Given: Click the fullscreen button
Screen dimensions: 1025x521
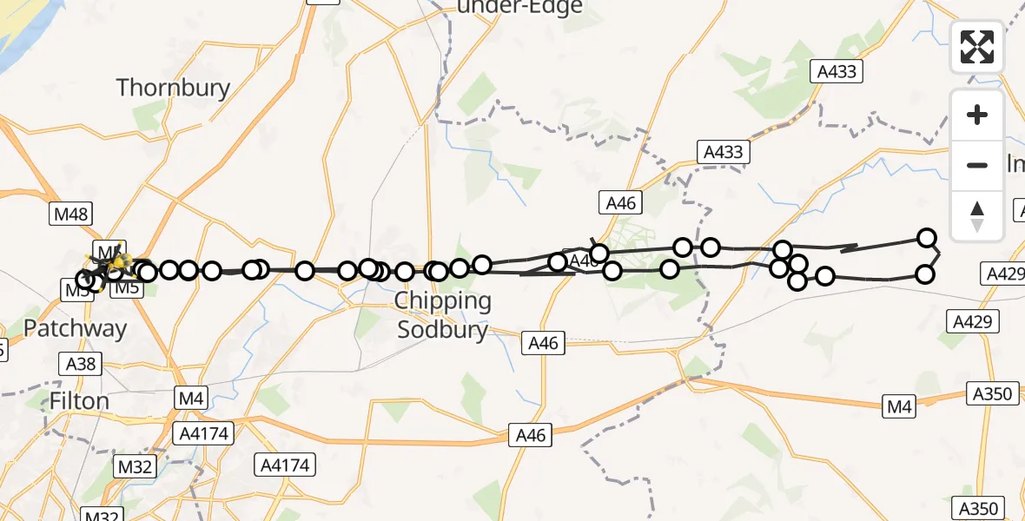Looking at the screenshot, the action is click(x=977, y=47).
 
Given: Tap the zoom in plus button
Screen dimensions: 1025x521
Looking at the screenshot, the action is click(x=977, y=115).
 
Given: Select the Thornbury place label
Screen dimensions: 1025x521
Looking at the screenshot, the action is click(x=173, y=88).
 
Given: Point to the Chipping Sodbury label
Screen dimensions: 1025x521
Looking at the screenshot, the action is click(x=443, y=314).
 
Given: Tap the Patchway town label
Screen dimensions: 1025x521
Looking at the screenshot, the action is click(x=75, y=328).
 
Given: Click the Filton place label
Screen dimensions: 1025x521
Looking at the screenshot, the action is click(x=79, y=401).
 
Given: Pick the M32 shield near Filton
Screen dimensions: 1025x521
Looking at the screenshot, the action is click(x=135, y=467).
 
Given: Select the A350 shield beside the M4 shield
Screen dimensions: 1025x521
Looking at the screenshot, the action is click(x=991, y=394).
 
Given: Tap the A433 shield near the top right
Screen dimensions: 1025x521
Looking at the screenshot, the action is click(x=837, y=71).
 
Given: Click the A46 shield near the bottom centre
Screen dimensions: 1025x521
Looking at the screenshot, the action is click(x=531, y=436).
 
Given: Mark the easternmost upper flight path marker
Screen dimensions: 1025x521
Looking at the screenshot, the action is click(x=927, y=238).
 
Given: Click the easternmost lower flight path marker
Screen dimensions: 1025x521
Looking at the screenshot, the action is click(x=925, y=275).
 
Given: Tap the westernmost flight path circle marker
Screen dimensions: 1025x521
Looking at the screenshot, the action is click(x=85, y=280).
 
